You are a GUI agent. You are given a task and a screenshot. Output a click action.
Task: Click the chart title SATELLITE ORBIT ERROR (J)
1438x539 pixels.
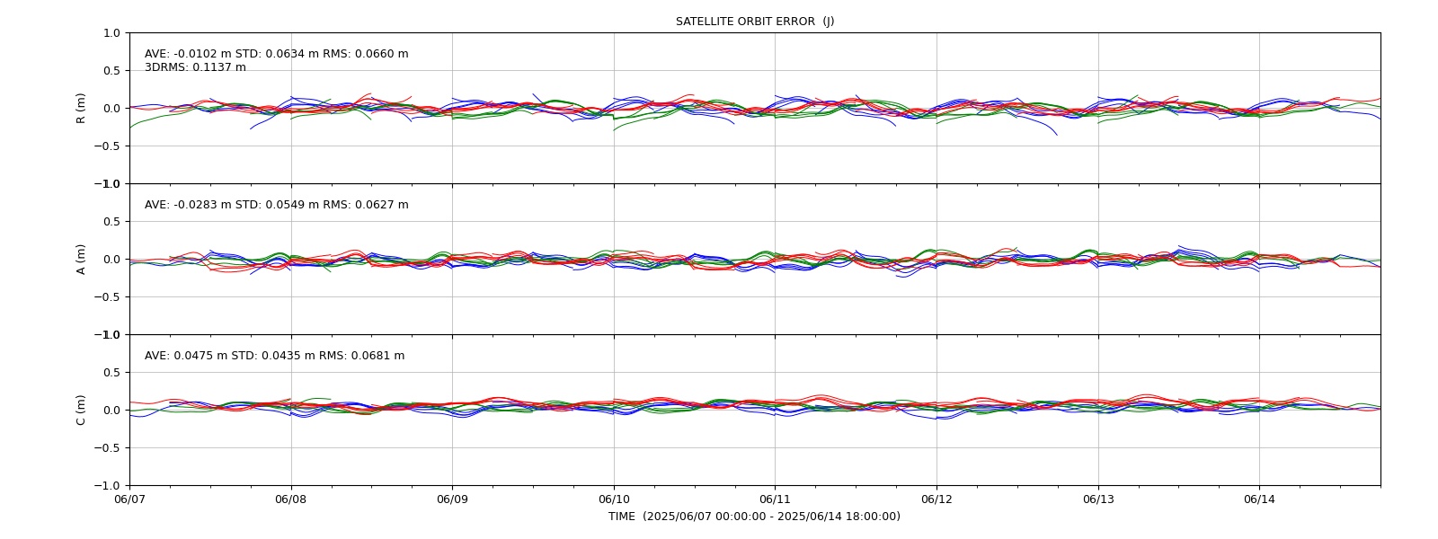tap(755, 22)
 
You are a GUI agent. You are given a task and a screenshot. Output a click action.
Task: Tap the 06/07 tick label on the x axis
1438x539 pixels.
tap(129, 499)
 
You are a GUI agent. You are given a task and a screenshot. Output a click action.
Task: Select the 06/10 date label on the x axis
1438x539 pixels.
tap(614, 499)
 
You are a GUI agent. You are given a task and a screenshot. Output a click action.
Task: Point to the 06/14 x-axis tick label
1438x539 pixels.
tap(1259, 499)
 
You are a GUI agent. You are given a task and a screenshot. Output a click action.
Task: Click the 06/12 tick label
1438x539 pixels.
tap(936, 499)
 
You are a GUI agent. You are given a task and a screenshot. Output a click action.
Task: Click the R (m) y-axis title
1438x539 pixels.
tap(81, 109)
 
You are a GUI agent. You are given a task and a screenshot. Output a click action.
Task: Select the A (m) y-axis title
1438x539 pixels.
tap(81, 260)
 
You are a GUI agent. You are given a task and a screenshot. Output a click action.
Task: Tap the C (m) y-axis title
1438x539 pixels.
tap(81, 410)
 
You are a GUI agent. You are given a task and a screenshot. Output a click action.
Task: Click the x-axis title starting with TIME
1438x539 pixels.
tap(755, 517)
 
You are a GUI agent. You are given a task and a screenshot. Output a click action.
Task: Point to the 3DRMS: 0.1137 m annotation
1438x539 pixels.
tap(195, 67)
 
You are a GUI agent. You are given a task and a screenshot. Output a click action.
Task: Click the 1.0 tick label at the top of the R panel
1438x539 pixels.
tap(111, 33)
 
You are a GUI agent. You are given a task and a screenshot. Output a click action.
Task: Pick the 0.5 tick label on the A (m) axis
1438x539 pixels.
tap(111, 222)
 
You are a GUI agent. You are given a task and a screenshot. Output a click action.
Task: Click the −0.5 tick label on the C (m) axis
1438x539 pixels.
tap(107, 448)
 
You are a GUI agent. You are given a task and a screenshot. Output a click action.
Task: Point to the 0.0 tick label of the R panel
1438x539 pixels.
tap(111, 109)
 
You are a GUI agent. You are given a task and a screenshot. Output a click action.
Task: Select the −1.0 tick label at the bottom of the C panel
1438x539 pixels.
tap(107, 486)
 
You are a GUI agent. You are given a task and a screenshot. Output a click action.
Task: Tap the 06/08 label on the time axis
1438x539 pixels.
tap(291, 499)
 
